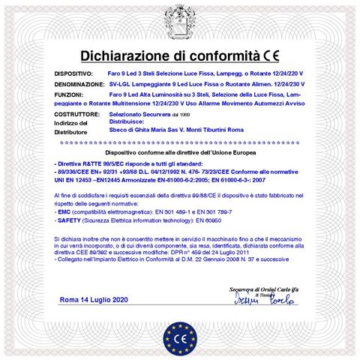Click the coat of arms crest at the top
coord(181,19)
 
